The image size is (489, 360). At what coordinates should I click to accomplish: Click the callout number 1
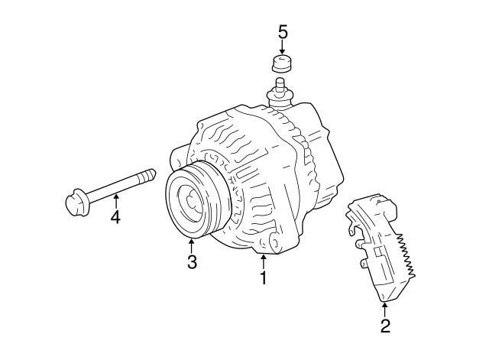[263, 279]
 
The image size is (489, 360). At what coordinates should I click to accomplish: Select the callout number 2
[385, 326]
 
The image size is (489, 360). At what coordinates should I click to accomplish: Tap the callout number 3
[192, 263]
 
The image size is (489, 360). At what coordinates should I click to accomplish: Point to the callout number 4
[115, 217]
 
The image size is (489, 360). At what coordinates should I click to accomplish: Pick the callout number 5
[283, 32]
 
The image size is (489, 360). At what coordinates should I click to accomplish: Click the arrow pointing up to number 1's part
[263, 262]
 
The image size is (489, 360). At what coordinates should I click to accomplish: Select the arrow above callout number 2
[385, 309]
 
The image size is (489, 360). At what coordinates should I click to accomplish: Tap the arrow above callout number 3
[192, 246]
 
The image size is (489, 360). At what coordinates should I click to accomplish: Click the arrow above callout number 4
[115, 200]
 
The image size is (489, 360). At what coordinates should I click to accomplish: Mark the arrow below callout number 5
[283, 47]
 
